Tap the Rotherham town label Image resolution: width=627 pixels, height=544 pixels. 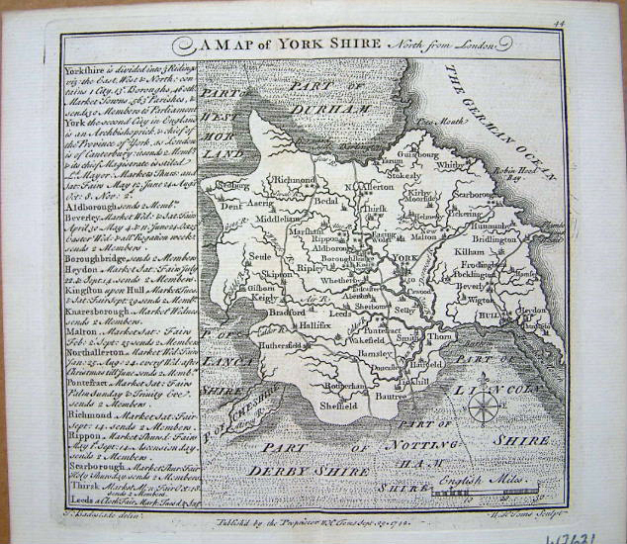pos(345,384)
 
